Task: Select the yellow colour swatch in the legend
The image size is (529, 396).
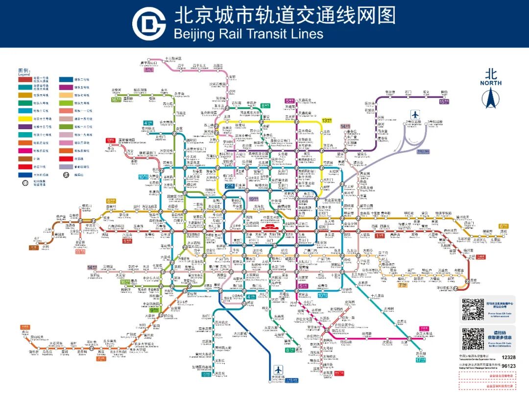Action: click(25, 118)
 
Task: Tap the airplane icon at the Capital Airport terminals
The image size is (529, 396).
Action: click(416, 113)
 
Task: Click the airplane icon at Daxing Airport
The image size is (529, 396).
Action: click(279, 370)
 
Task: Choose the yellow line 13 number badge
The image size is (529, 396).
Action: click(327, 120)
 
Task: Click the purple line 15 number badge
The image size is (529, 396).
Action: click(444, 101)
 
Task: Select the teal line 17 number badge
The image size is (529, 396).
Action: click(420, 360)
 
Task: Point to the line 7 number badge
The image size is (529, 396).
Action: click(403, 285)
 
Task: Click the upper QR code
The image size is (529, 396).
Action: click(473, 309)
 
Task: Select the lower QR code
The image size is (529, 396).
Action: click(473, 339)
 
